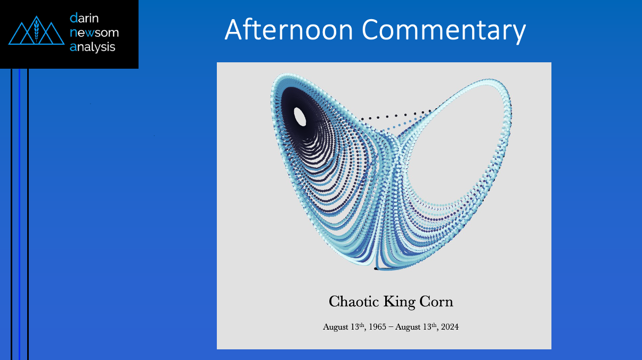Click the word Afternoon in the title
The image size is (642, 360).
tap(289, 29)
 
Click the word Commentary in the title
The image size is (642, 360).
tap(444, 31)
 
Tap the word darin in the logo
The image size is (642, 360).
tap(84, 18)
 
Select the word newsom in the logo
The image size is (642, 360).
tap(94, 32)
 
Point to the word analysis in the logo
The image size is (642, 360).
tap(92, 47)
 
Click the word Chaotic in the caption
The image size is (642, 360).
tap(354, 301)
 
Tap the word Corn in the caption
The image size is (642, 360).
tap(436, 301)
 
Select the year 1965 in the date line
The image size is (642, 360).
tap(377, 327)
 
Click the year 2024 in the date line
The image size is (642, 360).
tap(450, 327)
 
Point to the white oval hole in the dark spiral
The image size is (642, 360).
tap(300, 117)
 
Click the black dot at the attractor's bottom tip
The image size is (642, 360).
tap(376, 268)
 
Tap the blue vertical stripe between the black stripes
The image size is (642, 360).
tap(20, 214)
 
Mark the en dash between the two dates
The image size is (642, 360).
tap(391, 328)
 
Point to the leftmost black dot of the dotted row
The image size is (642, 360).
tap(362, 119)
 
